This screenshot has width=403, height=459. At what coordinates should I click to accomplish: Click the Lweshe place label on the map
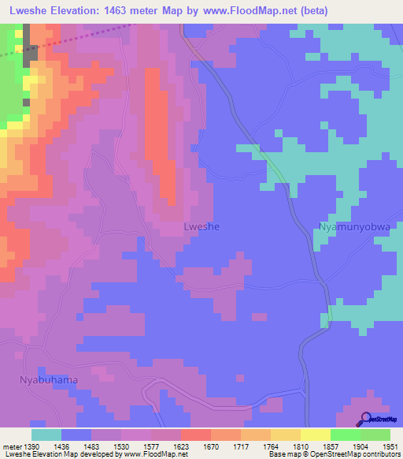(x=201, y=226)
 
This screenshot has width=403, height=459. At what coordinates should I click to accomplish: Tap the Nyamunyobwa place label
(x=354, y=226)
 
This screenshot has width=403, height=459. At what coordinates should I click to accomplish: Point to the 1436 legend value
(x=61, y=446)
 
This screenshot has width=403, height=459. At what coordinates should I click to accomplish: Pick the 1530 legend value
(x=120, y=446)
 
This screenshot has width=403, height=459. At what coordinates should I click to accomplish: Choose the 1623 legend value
(x=180, y=446)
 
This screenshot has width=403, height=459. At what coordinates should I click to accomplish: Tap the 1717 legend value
(x=240, y=446)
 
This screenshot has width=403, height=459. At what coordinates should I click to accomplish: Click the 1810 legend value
(x=300, y=446)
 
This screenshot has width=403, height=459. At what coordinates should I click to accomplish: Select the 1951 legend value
(x=390, y=446)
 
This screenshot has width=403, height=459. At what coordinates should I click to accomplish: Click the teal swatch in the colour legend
(x=46, y=435)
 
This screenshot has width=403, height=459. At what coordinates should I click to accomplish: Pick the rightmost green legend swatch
(x=375, y=435)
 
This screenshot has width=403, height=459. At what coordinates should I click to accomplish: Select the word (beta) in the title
(x=312, y=9)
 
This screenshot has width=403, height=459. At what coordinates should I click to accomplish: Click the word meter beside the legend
(x=11, y=446)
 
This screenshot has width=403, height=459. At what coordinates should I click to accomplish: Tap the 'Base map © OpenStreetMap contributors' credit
(x=333, y=455)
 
